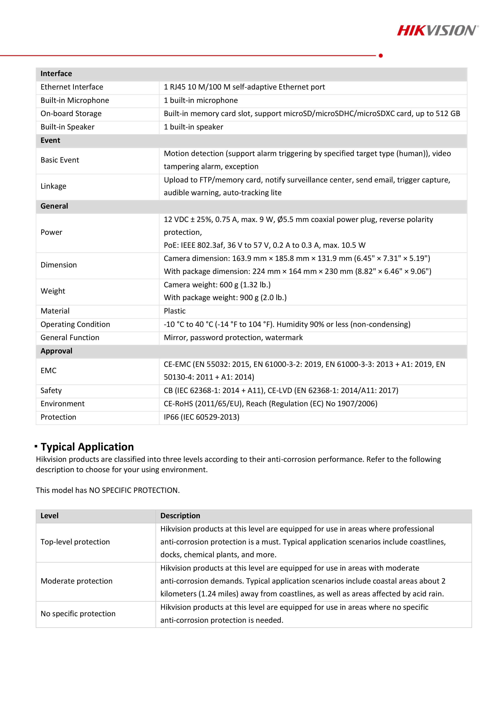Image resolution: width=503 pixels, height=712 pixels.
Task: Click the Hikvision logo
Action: [x=437, y=30]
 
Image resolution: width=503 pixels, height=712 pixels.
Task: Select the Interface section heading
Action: [x=56, y=73]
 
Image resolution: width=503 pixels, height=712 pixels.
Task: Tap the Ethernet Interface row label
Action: [x=72, y=87]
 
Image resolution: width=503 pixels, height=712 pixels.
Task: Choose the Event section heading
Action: [x=50, y=140]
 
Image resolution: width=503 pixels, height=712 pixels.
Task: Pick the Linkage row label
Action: [x=53, y=186]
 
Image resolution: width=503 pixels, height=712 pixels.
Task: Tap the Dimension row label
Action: [x=59, y=265]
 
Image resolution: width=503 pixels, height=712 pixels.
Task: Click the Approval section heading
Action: [x=56, y=351]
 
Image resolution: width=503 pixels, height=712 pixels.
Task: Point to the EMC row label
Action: [x=48, y=371]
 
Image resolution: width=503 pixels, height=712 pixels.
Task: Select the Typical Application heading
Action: [x=87, y=447]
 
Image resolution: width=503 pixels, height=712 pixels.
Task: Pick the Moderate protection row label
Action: [x=76, y=581]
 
